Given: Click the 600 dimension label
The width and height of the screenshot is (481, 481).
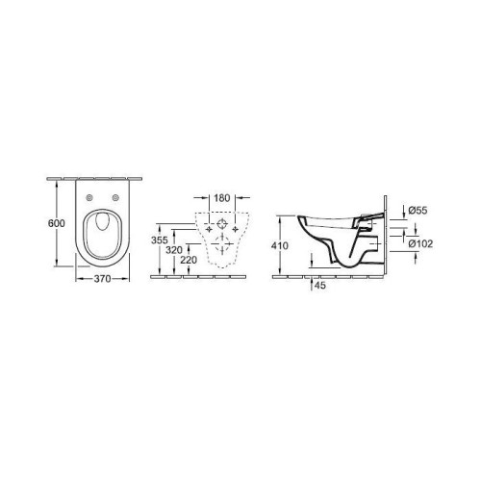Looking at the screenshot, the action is coord(57,223).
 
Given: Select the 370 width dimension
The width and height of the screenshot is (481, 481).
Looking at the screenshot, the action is coord(102,279).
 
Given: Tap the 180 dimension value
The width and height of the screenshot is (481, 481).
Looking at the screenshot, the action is coord(222,198).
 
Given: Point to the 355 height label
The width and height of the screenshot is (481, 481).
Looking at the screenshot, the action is coord(160,240).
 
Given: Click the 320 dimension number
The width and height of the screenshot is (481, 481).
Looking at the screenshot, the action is coord(174,250).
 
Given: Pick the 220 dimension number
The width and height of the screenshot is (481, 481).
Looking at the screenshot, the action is coord(189,260).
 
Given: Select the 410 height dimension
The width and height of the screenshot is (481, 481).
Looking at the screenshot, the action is coord(280,246).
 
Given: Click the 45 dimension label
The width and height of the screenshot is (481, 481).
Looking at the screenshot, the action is coord(319,285).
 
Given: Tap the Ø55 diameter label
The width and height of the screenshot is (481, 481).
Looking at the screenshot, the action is coord(418,211).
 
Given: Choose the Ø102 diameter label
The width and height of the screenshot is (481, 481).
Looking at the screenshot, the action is coord(420,243).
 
